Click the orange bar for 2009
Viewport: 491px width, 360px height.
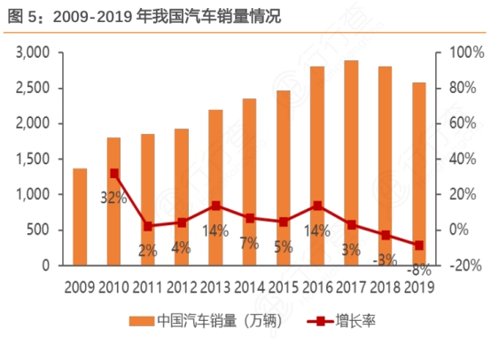80,216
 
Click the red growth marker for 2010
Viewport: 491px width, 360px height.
113,174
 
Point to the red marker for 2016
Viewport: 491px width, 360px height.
317,206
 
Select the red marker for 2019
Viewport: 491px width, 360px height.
418,245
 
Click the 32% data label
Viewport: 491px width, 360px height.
113,198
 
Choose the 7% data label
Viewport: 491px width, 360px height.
248,242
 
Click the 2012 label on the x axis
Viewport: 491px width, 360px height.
182,286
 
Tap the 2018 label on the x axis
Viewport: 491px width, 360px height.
385,286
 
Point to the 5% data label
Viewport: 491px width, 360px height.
283,247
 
